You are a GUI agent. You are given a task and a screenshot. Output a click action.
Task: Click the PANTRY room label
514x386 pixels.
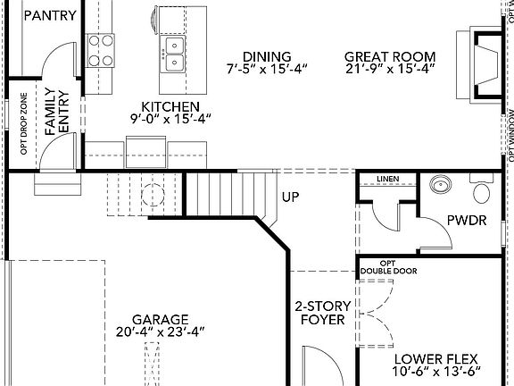(50, 15)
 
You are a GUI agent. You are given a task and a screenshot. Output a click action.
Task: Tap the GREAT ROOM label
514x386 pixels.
(391, 55)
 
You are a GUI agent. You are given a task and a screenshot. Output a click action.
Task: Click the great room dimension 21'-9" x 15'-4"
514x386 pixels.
(391, 68)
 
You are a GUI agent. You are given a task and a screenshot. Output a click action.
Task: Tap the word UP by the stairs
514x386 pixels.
(291, 197)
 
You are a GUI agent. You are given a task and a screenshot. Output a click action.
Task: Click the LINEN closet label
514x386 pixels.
(386, 180)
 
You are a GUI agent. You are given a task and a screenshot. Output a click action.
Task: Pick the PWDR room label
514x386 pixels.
(467, 221)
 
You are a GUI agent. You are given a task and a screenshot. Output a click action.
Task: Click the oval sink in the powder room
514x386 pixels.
(440, 186)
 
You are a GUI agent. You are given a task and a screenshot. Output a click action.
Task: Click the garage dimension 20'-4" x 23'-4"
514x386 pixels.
(161, 331)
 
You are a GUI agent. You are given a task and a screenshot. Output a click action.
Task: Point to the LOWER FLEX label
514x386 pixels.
(437, 358)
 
